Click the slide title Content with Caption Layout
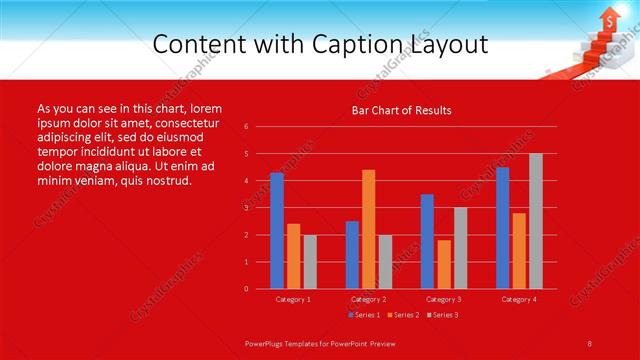pyautogui.click(x=320, y=45)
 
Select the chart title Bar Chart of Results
pyautogui.click(x=401, y=110)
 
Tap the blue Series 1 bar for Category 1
pyautogui.click(x=277, y=230)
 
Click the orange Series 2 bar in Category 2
pyautogui.click(x=368, y=229)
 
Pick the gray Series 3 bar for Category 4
pyautogui.click(x=536, y=221)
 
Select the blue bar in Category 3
pyautogui.click(x=427, y=241)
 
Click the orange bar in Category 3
pyautogui.click(x=443, y=264)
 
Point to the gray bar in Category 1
pyautogui.click(x=310, y=261)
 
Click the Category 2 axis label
pyautogui.click(x=368, y=299)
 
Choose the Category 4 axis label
pyautogui.click(x=518, y=299)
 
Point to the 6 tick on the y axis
pyautogui.click(x=246, y=127)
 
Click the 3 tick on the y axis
pyautogui.click(x=246, y=208)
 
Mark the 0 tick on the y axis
pyautogui.click(x=246, y=289)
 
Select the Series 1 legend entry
pyautogui.click(x=364, y=315)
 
